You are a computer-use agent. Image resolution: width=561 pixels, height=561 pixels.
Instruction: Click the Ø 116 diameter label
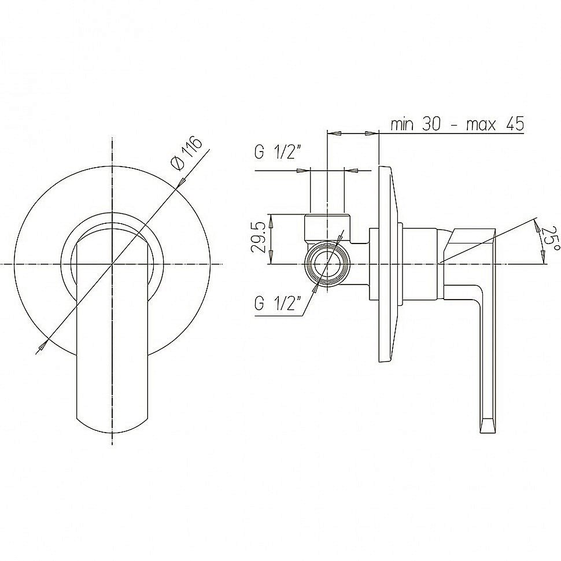point(187,154)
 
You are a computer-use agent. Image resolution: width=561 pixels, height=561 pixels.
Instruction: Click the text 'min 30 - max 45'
point(457,124)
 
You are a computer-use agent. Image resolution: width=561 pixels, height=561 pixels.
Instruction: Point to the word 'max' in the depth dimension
point(481,125)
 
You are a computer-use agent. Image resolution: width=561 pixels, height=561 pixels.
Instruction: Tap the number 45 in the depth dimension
point(515,124)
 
